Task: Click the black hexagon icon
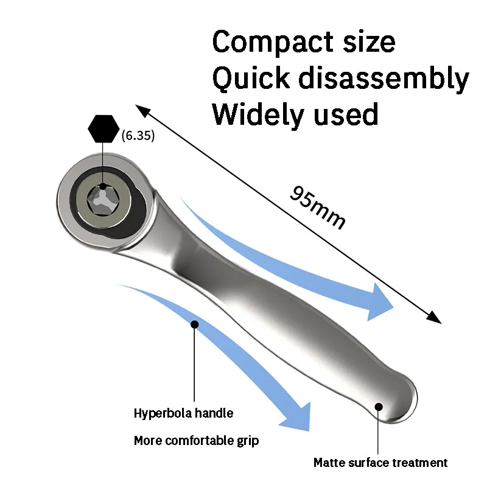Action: pyautogui.click(x=103, y=129)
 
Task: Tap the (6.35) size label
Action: pyautogui.click(x=138, y=135)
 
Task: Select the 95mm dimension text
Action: pyautogui.click(x=317, y=208)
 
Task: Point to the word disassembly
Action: pyautogui.click(x=384, y=79)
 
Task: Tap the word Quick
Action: pyautogui.click(x=251, y=79)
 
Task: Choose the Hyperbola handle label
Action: pyautogui.click(x=184, y=413)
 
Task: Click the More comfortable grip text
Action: pyautogui.click(x=196, y=441)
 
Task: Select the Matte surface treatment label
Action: pyautogui.click(x=380, y=463)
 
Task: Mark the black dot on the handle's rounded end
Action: pyautogui.click(x=379, y=407)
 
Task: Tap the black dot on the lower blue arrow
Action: pyautogui.click(x=194, y=324)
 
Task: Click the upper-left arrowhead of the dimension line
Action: pyautogui.click(x=142, y=111)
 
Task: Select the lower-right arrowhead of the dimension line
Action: pyautogui.click(x=433, y=317)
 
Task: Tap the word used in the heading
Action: pyautogui.click(x=346, y=114)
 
